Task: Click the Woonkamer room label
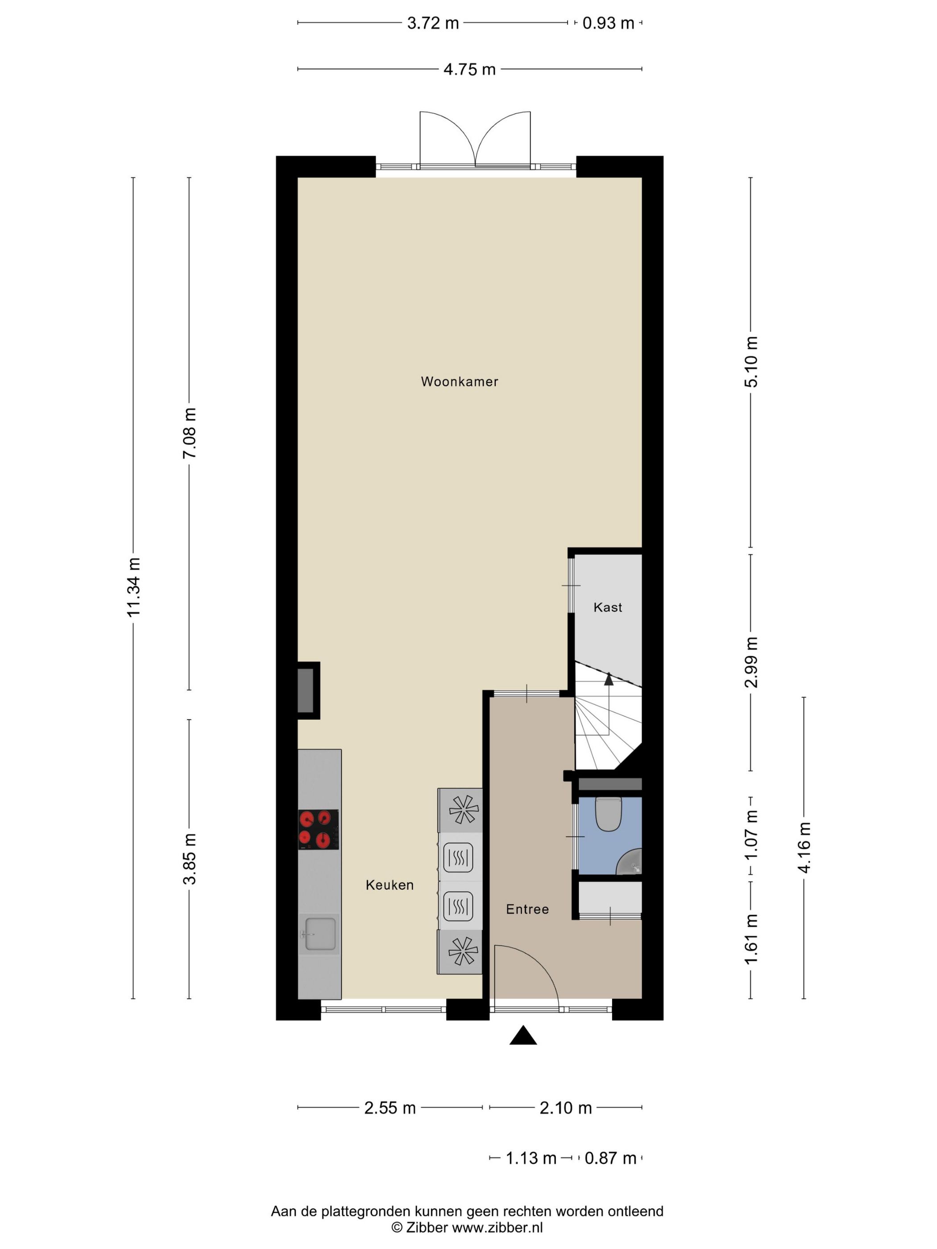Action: (459, 382)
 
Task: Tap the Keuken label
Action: (390, 885)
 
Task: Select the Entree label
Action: (527, 909)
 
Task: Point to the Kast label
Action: (608, 608)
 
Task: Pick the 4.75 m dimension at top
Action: (469, 70)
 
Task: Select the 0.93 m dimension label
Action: (608, 23)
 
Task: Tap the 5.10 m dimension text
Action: (751, 361)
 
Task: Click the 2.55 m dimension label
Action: (390, 1108)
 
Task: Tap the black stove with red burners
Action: (319, 829)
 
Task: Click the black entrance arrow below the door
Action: (523, 1036)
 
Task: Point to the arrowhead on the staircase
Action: (608, 679)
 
